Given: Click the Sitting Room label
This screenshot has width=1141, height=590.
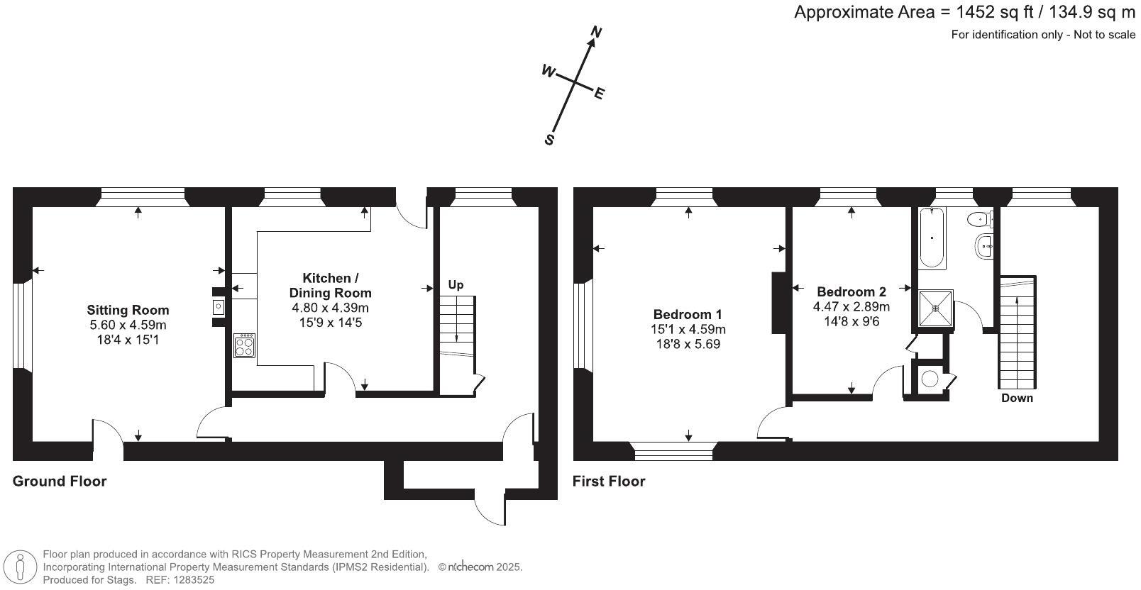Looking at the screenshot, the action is [128, 310].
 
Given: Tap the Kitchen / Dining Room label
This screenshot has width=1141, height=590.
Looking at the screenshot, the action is [330, 286].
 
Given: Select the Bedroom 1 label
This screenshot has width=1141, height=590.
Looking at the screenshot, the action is [688, 314].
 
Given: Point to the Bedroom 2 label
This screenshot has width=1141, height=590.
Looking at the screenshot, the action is [851, 291].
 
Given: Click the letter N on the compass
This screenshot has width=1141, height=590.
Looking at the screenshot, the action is [596, 33].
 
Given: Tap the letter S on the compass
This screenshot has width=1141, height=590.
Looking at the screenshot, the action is [549, 140].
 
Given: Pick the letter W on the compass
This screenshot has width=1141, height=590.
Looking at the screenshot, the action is [548, 71].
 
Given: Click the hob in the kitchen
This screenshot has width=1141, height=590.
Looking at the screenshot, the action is [245, 345].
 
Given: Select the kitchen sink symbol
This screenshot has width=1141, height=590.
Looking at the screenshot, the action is [218, 307].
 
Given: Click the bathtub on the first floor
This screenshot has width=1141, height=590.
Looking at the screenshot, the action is [932, 238].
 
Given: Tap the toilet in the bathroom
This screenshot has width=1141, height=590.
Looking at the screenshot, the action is [980, 219].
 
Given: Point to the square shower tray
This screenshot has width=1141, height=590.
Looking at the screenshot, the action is [936, 308].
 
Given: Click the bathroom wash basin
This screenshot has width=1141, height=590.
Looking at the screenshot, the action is [984, 247].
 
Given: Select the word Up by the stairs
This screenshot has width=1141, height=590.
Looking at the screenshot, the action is [456, 284].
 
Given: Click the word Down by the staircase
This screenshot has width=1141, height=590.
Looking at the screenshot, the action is [1017, 398].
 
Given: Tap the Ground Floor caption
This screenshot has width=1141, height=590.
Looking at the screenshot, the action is [60, 481].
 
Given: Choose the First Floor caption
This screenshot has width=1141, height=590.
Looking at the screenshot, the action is [609, 481].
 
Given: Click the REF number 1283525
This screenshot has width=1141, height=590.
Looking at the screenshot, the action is [194, 580].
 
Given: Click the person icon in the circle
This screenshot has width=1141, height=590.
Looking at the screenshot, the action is [20, 567].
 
